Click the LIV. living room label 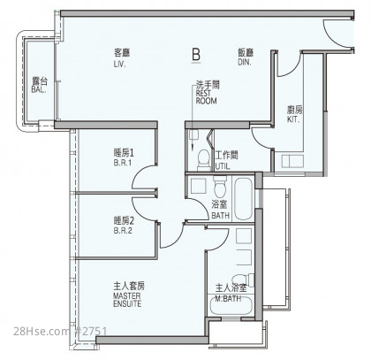coord(120,65)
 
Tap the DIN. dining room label coord(245,62)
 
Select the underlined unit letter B coord(196,55)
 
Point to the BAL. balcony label coord(39,90)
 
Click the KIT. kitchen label coord(293,119)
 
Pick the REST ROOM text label coord(206,97)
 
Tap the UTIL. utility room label coord(223,166)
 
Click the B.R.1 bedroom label coord(123,163)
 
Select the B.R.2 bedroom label coord(123,231)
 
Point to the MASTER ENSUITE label coord(127,300)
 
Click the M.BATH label coord(228,299)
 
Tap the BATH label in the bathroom coord(221,216)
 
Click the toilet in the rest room coord(203,160)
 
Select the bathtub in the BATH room coord(244,198)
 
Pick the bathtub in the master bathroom coord(231,306)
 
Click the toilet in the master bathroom coord(242,280)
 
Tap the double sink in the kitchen coord(292,162)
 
